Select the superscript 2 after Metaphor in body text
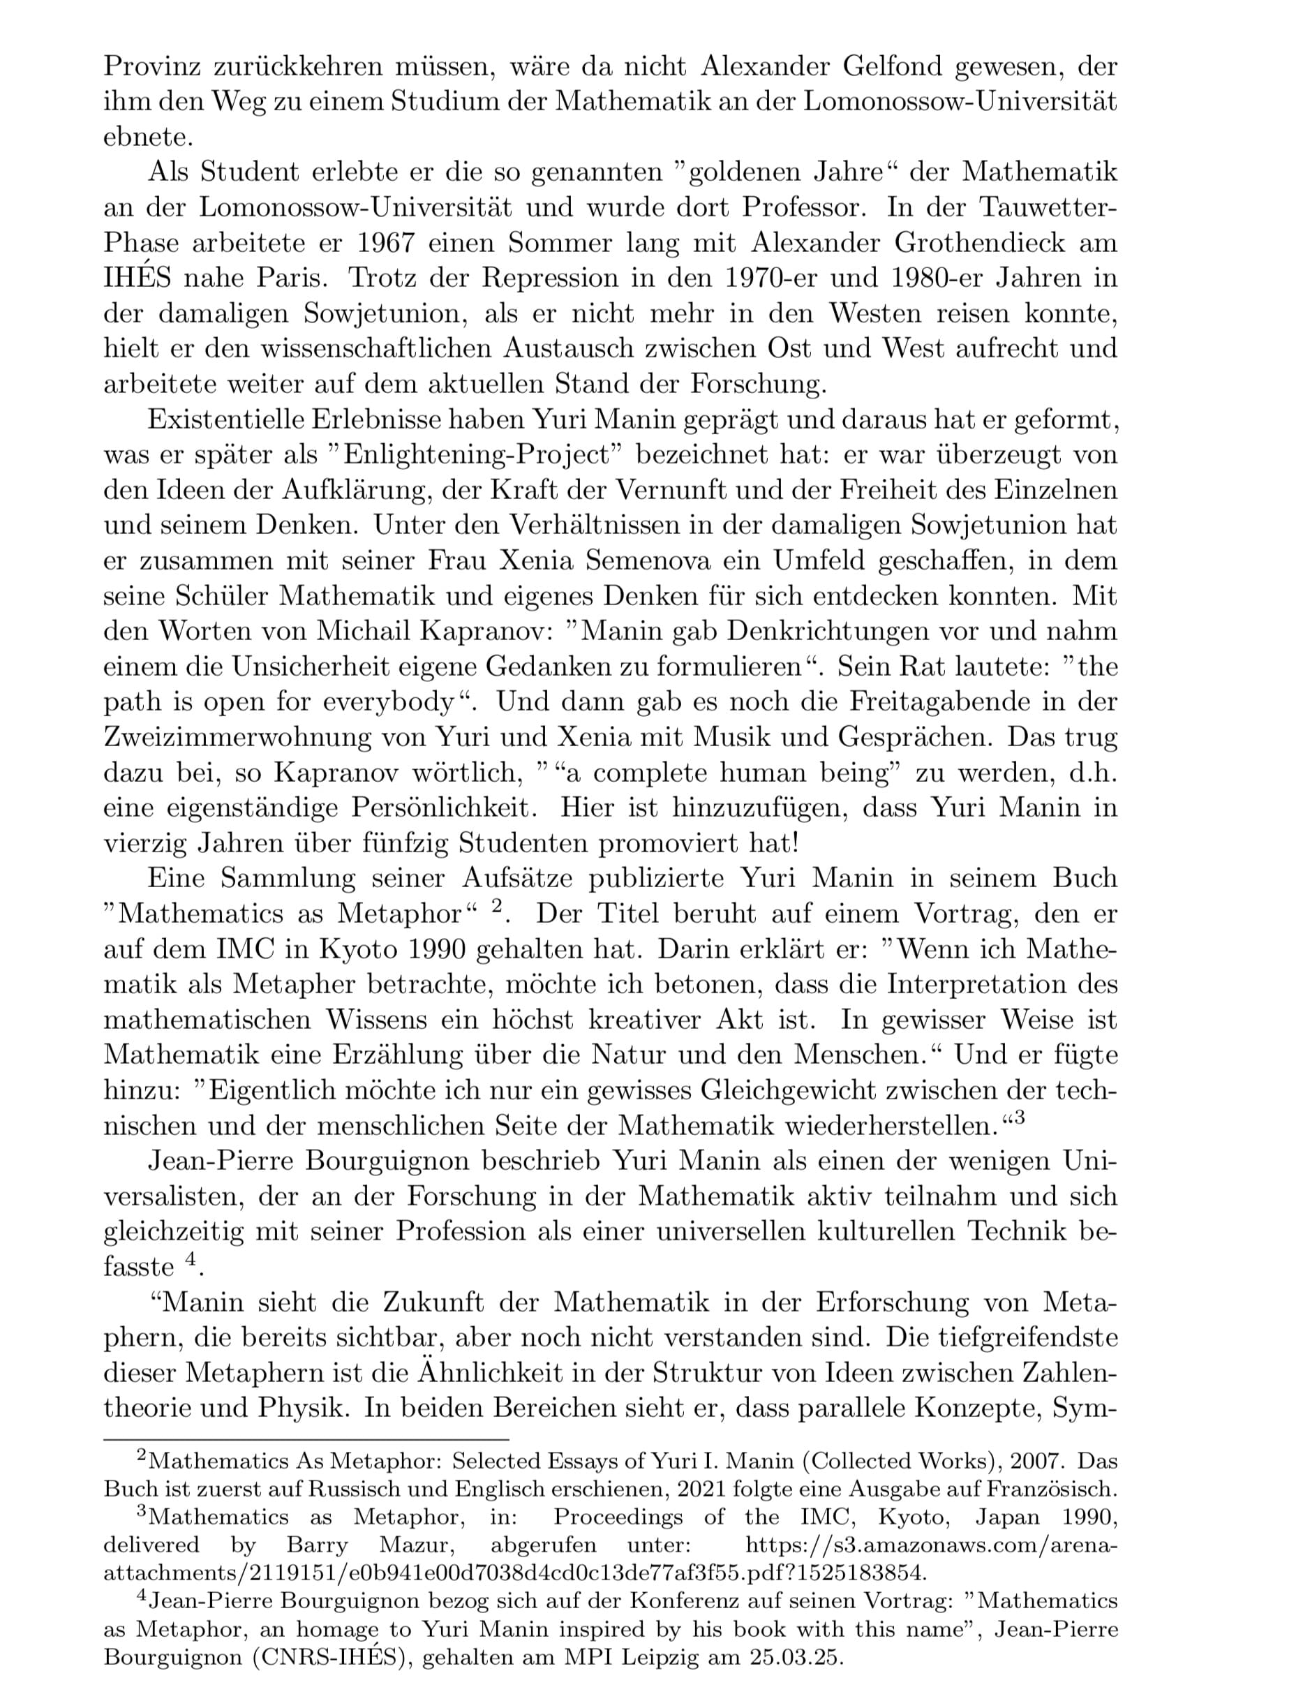click(x=499, y=906)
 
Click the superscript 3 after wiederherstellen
click(x=1018, y=1117)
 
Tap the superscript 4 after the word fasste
click(x=189, y=1258)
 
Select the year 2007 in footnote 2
click(x=1025, y=1462)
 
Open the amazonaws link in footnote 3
click(x=931, y=1545)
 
